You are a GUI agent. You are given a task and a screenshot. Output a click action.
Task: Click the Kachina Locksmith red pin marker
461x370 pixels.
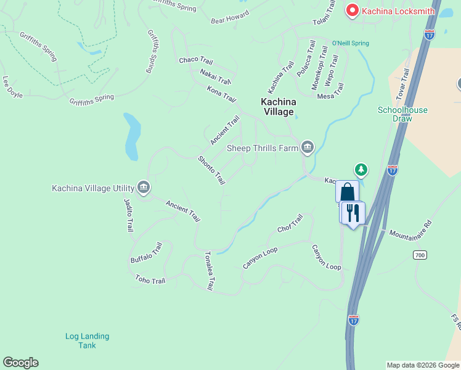(353, 10)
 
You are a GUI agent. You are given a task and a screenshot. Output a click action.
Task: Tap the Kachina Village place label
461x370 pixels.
(277, 107)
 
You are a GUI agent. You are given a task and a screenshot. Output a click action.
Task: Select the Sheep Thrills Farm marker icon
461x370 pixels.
(307, 147)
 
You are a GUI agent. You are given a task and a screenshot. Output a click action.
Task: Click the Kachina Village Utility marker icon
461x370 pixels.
(144, 187)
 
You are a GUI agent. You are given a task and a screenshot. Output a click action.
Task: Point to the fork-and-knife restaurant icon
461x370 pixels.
(353, 213)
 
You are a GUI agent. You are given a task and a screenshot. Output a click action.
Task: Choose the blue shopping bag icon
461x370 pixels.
(347, 192)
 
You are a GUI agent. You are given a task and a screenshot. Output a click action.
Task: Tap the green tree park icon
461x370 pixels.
(361, 169)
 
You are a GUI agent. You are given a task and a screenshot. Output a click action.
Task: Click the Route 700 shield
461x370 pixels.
(420, 255)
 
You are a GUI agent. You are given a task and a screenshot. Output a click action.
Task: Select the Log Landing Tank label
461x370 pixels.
(88, 340)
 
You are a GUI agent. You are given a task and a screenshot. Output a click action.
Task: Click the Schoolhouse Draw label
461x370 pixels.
(402, 114)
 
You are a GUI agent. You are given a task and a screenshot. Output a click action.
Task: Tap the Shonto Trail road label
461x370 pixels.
(211, 170)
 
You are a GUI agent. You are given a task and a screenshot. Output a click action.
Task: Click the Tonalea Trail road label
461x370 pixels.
(209, 271)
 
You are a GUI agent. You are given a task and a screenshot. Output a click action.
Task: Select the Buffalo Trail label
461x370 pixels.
(146, 253)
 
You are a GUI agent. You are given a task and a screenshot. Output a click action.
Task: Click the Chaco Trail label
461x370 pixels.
(196, 60)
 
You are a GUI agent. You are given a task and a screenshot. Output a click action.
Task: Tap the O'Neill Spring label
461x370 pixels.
(350, 43)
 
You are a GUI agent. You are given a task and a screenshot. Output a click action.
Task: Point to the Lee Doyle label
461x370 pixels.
(12, 86)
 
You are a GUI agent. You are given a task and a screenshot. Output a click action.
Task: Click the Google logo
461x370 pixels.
(20, 363)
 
